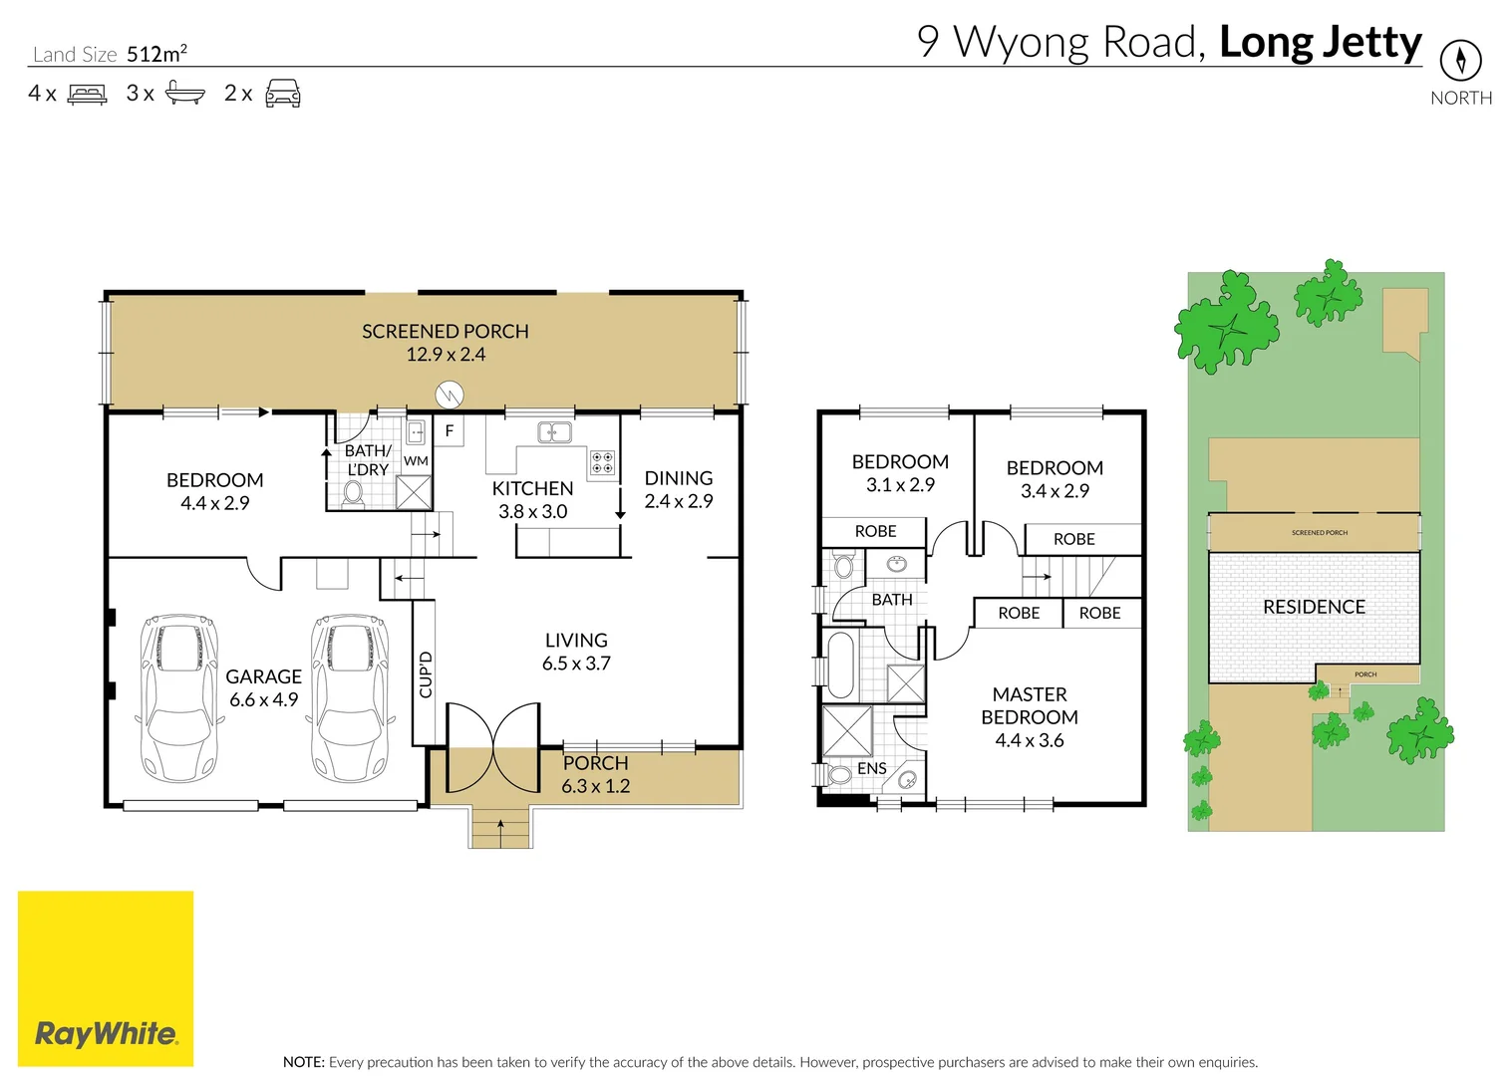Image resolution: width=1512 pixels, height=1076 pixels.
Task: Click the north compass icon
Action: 1460,61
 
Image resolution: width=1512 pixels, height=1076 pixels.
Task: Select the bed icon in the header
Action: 87,95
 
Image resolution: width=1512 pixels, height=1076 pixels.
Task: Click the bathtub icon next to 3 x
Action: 184,94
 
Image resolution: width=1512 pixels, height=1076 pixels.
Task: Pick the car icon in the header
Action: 283,94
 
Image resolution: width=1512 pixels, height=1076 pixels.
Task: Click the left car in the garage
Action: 179,696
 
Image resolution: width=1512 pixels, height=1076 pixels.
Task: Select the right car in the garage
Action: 350,696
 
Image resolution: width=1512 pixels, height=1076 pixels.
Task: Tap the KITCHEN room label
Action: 532,489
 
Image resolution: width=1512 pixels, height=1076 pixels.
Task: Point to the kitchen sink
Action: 554,432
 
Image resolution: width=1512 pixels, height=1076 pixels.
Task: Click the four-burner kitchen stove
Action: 602,462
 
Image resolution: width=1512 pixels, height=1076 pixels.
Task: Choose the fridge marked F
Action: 450,431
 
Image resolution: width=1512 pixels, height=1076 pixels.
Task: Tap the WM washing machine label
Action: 416,461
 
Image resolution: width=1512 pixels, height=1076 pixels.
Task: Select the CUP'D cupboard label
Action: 426,674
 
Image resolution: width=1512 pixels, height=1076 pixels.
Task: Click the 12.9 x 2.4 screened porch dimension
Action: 446,355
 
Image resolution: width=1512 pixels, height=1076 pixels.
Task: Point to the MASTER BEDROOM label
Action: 1030,705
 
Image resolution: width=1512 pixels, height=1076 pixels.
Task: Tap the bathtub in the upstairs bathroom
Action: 841,665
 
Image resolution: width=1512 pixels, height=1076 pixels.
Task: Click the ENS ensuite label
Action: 871,769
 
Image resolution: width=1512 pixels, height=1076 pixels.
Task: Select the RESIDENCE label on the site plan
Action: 1314,607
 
